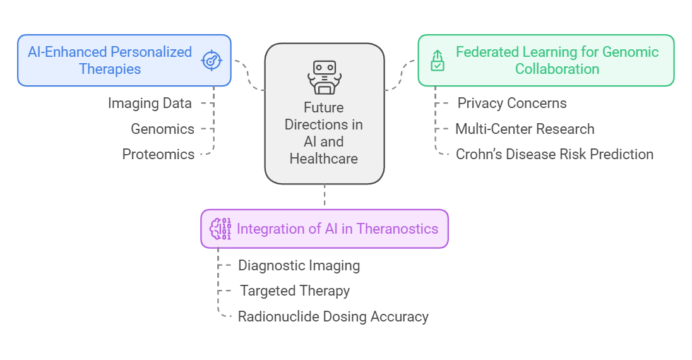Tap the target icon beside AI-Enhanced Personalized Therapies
point(212,60)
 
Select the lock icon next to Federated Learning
point(437,61)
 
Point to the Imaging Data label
point(150,103)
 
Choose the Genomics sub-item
point(162,129)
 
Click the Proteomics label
point(158,154)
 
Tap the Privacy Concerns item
point(512,103)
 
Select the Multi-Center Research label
point(525,129)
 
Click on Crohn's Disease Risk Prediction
point(554,154)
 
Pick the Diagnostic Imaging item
point(299,265)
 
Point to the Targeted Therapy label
point(295,291)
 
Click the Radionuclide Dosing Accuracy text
point(333,316)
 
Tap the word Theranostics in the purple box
point(398,229)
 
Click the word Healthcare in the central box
point(324,159)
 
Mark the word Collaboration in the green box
point(557,69)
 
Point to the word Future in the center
point(324,107)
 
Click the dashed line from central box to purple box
point(325,196)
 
